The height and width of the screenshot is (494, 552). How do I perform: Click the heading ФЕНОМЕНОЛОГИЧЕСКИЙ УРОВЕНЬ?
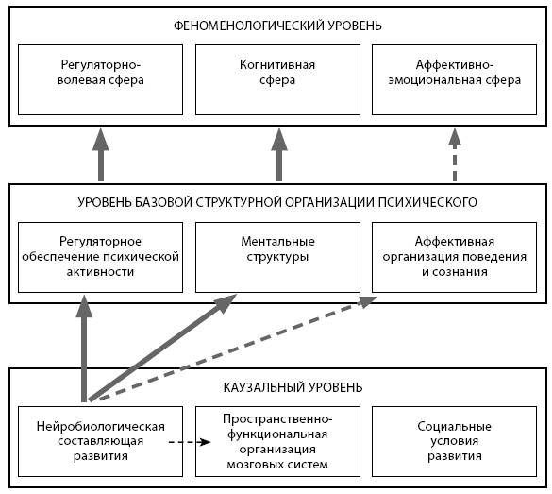tap(277, 26)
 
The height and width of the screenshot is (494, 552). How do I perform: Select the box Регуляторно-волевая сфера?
tap(100, 79)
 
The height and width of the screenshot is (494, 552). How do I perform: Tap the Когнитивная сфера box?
tap(277, 79)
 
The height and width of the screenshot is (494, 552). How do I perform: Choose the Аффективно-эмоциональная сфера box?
tap(455, 79)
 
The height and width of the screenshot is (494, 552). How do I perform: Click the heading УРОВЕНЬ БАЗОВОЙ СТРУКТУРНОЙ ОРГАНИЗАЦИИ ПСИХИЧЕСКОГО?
tap(277, 202)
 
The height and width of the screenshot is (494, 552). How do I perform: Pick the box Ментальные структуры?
tap(277, 257)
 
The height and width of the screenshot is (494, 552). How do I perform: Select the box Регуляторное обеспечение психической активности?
tap(100, 257)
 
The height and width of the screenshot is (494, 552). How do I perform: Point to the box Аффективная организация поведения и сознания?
tap(455, 257)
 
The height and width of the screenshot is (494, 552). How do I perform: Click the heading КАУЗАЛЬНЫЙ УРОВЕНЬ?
tap(293, 387)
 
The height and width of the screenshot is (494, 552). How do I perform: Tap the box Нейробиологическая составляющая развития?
tap(100, 441)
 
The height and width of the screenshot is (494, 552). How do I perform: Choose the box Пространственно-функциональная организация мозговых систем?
tap(277, 441)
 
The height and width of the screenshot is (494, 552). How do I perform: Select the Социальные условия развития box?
tap(455, 441)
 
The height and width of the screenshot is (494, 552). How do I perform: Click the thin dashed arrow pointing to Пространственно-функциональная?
tap(190, 442)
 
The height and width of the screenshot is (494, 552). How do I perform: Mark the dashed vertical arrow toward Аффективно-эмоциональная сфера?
tap(455, 155)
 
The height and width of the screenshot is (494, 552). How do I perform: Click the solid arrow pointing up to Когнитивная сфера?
tap(279, 155)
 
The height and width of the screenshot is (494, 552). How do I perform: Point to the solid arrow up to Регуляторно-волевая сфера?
tap(101, 155)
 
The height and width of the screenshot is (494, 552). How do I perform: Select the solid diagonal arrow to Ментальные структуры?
tap(162, 348)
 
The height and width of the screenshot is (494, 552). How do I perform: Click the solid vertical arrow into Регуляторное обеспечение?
tap(84, 349)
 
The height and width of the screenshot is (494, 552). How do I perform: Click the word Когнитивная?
tap(277, 65)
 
